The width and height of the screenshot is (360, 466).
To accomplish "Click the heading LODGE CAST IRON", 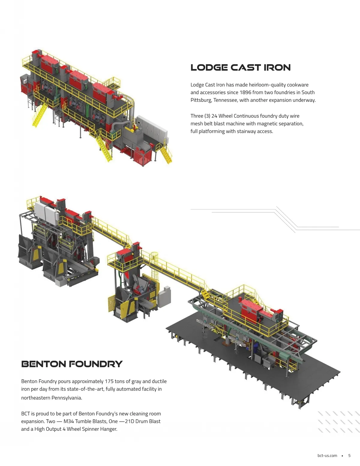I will tap(240, 68).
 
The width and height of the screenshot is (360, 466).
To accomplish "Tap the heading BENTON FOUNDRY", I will tap(72, 364).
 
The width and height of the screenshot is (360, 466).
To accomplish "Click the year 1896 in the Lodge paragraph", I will tap(245, 92).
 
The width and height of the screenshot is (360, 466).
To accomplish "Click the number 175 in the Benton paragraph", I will tap(109, 381).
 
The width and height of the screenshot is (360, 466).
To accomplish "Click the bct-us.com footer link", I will tap(327, 455).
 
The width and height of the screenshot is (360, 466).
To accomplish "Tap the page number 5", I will tap(349, 455).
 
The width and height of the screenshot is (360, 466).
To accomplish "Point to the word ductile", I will tap(159, 381).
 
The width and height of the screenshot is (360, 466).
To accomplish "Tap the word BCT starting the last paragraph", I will tap(25, 414).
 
